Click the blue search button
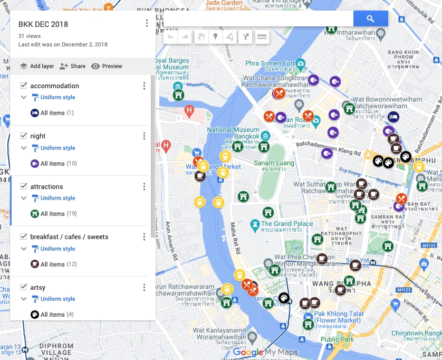coord(370,18)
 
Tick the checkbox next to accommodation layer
coord(23,86)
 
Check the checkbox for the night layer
coord(23,136)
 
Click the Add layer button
coord(37,66)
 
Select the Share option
coord(72,66)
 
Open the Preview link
coord(107,66)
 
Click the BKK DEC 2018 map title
coord(43,24)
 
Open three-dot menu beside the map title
coord(147,23)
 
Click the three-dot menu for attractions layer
coord(144,186)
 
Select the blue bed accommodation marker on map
coord(392,116)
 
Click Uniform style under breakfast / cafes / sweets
coord(57,249)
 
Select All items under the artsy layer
coord(52,315)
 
